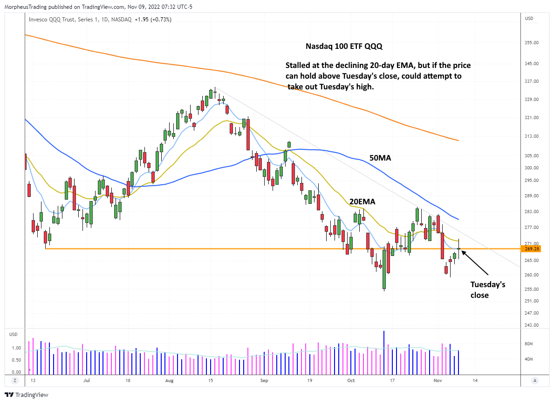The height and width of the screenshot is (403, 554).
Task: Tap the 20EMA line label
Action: pyautogui.click(x=362, y=201)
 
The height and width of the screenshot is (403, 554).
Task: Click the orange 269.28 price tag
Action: pyautogui.click(x=532, y=249)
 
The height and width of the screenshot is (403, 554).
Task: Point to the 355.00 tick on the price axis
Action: pyautogui.click(x=532, y=43)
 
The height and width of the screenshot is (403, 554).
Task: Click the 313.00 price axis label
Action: pyautogui.click(x=532, y=136)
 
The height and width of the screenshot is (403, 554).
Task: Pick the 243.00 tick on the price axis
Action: pyautogui.click(x=532, y=325)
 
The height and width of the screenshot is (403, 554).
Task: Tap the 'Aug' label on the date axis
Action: pyautogui.click(x=170, y=380)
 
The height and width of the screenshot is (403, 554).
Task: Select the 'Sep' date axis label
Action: pyautogui.click(x=265, y=380)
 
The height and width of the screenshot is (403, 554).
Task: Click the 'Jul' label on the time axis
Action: pyautogui.click(x=86, y=380)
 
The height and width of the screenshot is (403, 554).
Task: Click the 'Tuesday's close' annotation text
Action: pyautogui.click(x=487, y=289)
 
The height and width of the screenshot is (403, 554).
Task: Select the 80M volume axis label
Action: pyautogui.click(x=529, y=344)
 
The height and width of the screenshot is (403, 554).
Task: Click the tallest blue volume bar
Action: pyautogui.click(x=384, y=352)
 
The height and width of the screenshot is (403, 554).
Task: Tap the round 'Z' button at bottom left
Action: pyautogui.click(x=15, y=380)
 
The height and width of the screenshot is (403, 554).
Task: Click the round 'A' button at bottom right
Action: pyautogui.click(x=535, y=380)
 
